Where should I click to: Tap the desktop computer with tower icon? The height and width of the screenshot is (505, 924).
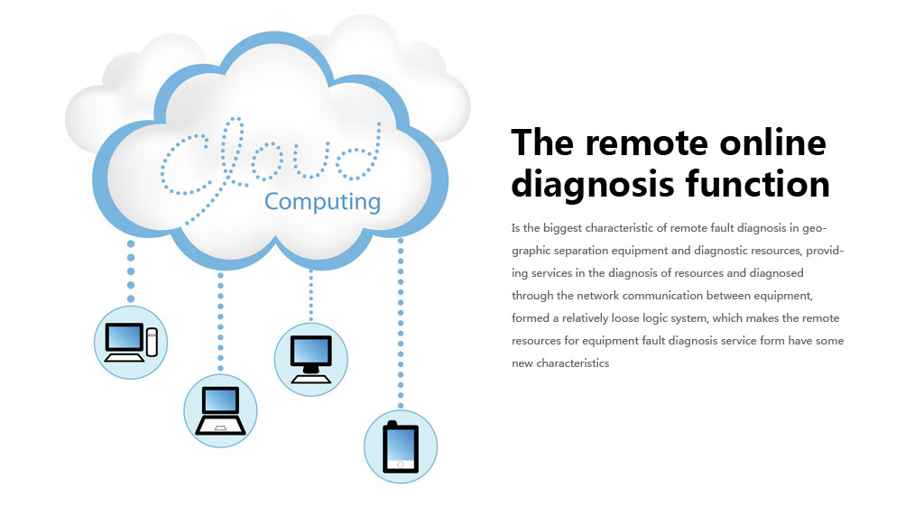coord(131,342)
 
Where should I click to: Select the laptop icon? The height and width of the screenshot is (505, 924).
coord(220,410)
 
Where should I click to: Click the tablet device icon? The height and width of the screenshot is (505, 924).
coord(401,446)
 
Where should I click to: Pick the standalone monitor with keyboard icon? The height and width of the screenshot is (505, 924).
coord(311,359)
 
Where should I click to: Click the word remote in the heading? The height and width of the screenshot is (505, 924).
coord(646,143)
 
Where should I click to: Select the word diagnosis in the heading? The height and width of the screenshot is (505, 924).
coord(592,185)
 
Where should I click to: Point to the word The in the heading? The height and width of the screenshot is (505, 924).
coord(542,142)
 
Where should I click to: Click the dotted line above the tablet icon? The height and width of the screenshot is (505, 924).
coord(401,323)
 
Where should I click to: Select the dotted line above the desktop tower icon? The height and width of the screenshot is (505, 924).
coord(131,271)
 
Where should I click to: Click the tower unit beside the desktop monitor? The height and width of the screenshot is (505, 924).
coord(152,342)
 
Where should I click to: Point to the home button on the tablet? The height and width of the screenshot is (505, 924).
coord(401,465)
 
